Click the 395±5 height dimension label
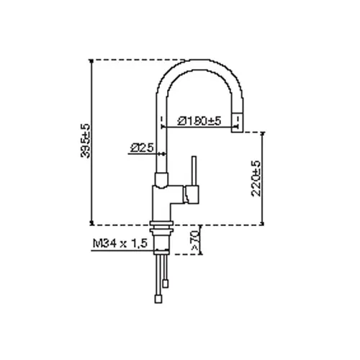(x=86, y=141)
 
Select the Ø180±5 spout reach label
(x=199, y=121)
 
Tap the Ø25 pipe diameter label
(x=142, y=148)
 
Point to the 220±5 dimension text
(x=256, y=179)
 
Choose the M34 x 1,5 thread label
(x=120, y=243)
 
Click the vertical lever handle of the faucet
(x=194, y=171)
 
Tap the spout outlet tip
(x=238, y=122)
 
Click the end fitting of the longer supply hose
(x=158, y=300)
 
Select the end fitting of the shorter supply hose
(x=165, y=284)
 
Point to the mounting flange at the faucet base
(x=161, y=223)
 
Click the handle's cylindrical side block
(x=192, y=194)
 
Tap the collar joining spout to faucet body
(x=161, y=179)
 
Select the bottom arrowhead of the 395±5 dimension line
(x=91, y=222)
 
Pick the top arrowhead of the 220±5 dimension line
(x=263, y=134)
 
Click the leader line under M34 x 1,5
(x=123, y=251)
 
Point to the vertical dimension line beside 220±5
(x=263, y=179)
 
